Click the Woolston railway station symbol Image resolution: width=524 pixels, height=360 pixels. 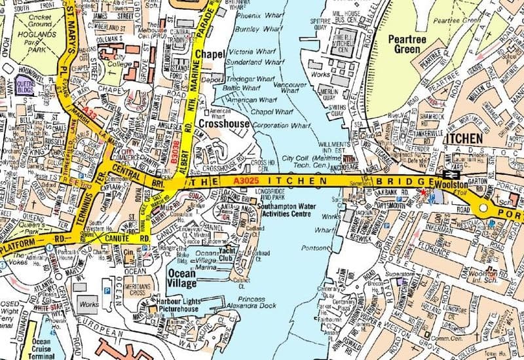pyautogui.click(x=450, y=175)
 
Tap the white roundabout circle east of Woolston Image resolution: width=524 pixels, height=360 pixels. pyautogui.click(x=484, y=208)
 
